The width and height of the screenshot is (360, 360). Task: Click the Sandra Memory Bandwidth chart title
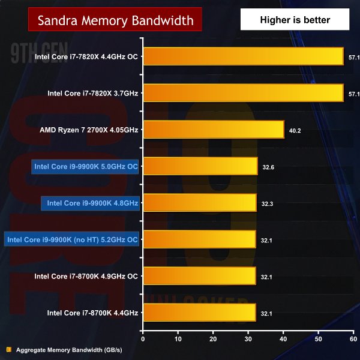pyautogui.click(x=115, y=20)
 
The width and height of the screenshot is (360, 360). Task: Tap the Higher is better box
pyautogui.click(x=295, y=20)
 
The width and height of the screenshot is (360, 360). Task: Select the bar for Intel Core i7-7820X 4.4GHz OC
pyautogui.click(x=243, y=57)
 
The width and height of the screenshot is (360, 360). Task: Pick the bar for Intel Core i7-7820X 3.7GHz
pyautogui.click(x=243, y=93)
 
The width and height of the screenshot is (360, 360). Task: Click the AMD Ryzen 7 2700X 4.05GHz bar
pyautogui.click(x=213, y=130)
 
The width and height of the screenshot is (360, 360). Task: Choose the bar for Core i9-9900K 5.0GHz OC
pyautogui.click(x=200, y=166)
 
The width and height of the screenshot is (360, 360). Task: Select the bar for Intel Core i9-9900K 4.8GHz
pyautogui.click(x=199, y=203)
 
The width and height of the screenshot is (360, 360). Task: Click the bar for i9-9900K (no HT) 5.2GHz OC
pyautogui.click(x=199, y=239)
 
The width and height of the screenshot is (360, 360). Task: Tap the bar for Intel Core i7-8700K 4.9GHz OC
pyautogui.click(x=199, y=276)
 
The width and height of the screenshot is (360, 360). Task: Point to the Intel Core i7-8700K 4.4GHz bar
pyautogui.click(x=199, y=313)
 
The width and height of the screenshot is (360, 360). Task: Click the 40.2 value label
pyautogui.click(x=295, y=130)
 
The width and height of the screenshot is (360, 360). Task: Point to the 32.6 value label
pyautogui.click(x=268, y=167)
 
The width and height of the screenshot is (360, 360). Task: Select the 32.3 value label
pyautogui.click(x=268, y=203)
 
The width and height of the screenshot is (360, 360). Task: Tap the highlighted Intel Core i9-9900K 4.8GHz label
pyautogui.click(x=90, y=203)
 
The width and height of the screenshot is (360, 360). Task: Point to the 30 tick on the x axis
pyautogui.click(x=248, y=339)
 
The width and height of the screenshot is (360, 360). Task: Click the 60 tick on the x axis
pyautogui.click(x=353, y=339)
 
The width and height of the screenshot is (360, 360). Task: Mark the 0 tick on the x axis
pyautogui.click(x=143, y=339)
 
